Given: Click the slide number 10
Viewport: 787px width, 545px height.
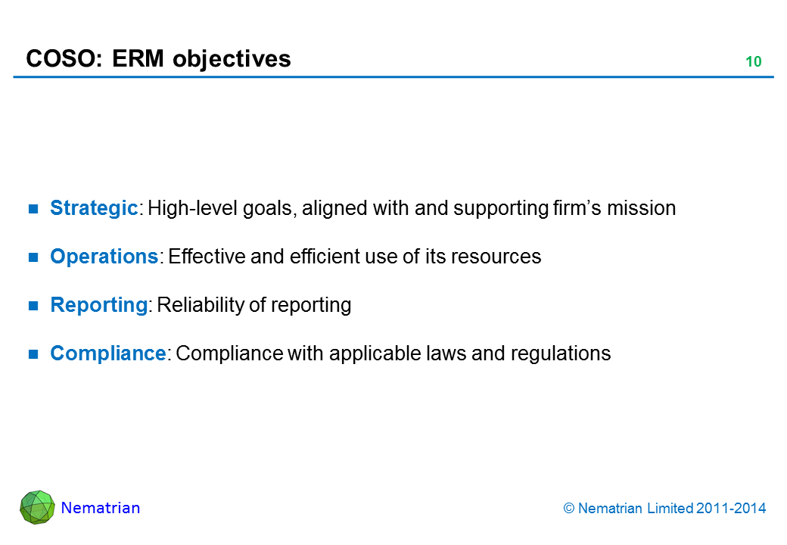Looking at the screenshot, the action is (754, 61).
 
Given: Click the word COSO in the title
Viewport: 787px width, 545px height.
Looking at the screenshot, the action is (61, 59).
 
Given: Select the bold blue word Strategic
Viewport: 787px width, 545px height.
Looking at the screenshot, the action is (94, 207).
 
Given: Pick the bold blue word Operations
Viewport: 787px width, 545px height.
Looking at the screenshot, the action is (104, 257).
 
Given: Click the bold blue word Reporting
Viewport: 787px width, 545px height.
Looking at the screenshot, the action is (99, 304).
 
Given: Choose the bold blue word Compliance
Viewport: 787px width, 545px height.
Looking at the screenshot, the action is (108, 353).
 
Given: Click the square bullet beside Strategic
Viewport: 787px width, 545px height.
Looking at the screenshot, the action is (33, 209).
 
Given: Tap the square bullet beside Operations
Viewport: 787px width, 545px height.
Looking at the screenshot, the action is (33, 257).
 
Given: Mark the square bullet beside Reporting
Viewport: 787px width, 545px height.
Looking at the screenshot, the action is (33, 306).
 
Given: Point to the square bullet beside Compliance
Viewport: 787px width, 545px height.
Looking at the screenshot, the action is (33, 354).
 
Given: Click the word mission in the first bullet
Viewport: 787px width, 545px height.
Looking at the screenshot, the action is (642, 207).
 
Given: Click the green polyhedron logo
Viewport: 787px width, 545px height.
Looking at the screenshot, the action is (37, 507).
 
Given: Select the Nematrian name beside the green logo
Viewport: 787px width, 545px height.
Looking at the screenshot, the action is (101, 508).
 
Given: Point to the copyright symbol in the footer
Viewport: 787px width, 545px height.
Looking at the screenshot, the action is (568, 509).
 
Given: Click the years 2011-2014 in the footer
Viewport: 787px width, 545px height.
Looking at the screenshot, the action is (731, 509).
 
